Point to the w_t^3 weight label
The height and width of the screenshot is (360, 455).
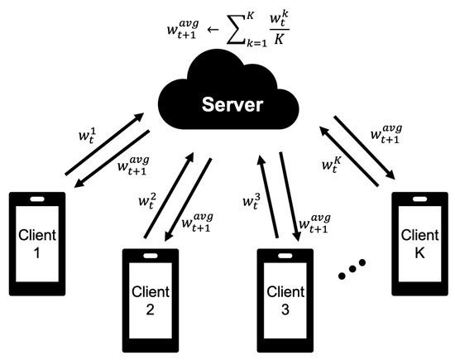251,199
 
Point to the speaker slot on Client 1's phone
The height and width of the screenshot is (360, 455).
37,199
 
